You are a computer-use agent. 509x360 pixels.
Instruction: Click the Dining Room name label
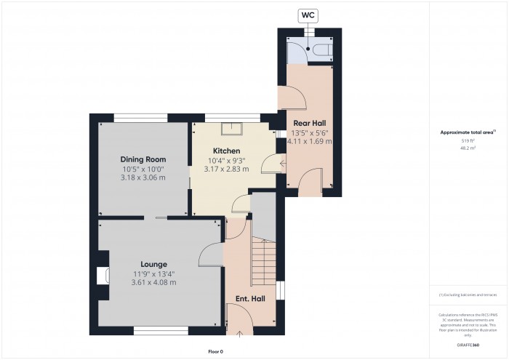coord(143,159)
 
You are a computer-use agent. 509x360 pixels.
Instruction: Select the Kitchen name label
coord(227,150)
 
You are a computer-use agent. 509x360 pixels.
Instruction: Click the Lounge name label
coord(153,264)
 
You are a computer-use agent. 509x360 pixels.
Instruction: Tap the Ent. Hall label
coord(249,299)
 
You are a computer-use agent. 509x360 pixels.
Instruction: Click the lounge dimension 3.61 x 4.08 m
coord(153,282)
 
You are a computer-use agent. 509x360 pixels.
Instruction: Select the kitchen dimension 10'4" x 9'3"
coord(227,160)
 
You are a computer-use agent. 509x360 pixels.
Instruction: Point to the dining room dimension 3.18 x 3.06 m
coord(143,178)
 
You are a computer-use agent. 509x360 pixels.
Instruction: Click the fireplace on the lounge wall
coord(102,275)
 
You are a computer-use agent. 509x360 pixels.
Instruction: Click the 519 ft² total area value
coord(468,140)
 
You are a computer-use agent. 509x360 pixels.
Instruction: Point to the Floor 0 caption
coord(216,351)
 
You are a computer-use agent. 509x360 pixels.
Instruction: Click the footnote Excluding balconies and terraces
coord(468,295)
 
